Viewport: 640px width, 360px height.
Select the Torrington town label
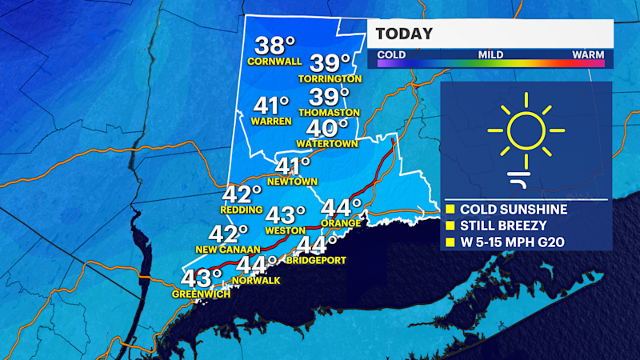pos(330,79)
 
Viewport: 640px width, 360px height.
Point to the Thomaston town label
pos(328,113)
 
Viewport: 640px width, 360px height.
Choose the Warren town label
pos(270,122)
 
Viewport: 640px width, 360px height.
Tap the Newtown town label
pos(293,182)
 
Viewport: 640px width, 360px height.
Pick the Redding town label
pos(241,210)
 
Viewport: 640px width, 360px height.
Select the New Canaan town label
pos(228,250)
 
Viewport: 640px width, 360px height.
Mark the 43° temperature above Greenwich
pos(201,278)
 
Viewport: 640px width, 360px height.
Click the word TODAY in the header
pos(404,34)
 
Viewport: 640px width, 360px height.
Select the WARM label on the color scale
pos(587,54)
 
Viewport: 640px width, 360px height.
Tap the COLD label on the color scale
pos(392,54)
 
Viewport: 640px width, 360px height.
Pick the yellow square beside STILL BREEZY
pos(450,225)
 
